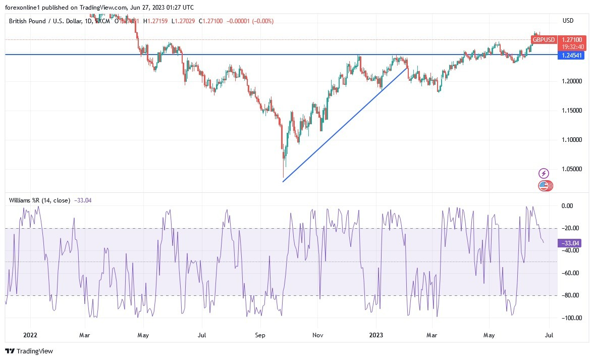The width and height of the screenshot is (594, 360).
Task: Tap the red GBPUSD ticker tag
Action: tap(544, 39)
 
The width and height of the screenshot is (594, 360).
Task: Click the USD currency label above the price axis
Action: tap(568, 20)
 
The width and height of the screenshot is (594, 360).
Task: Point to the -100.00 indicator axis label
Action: tap(570, 318)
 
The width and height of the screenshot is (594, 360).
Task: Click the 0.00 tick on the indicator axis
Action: tap(568, 205)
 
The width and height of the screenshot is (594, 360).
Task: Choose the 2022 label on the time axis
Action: tap(30, 334)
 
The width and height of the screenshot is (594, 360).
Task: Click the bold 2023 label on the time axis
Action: tap(376, 334)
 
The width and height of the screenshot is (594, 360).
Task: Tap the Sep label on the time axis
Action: tap(260, 334)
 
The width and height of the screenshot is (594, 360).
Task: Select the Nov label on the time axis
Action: tap(317, 334)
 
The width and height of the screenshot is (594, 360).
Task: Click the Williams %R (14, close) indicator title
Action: tap(39, 200)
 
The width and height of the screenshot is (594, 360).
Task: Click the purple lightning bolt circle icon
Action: tap(544, 173)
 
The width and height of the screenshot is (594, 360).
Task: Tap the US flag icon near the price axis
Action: tap(544, 186)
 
